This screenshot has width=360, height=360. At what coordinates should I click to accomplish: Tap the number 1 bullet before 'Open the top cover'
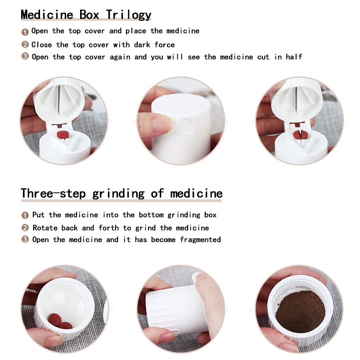[25, 31]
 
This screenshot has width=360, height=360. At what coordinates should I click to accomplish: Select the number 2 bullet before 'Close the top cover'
[25, 45]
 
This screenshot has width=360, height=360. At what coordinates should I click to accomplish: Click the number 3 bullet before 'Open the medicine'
[25, 239]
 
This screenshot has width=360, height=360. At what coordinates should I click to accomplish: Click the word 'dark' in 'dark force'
[142, 45]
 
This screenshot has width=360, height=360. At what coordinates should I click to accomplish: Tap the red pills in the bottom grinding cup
[60, 320]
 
